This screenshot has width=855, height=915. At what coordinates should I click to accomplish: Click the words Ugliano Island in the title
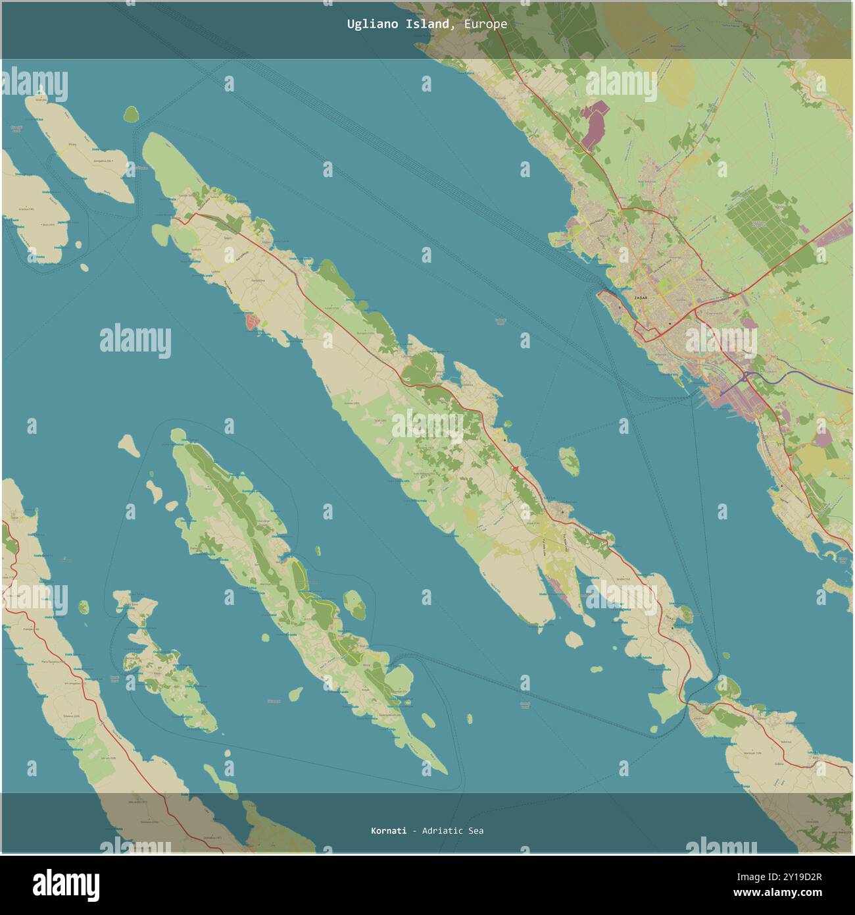click(x=399, y=24)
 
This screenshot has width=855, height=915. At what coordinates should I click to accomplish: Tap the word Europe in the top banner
click(x=485, y=24)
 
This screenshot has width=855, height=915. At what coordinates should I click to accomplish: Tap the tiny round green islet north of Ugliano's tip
click(x=132, y=115)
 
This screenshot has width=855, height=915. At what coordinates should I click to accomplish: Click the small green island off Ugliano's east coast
click(x=570, y=461)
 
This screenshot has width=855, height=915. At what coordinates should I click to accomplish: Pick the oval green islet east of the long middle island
click(x=354, y=604)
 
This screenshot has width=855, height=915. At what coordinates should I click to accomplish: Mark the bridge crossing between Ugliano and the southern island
click(x=687, y=704)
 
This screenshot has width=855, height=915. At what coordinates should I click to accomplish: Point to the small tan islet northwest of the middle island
click(x=129, y=445)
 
